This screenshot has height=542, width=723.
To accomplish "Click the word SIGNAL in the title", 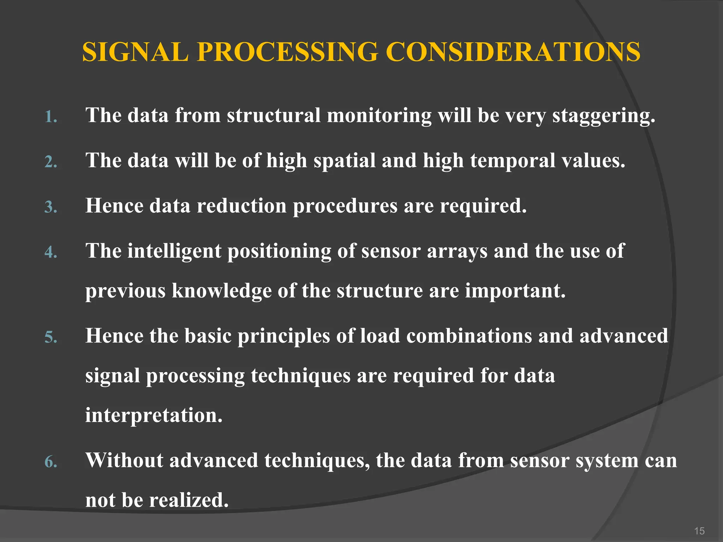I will point(135,52).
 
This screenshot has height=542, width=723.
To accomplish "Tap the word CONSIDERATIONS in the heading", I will point(513,52).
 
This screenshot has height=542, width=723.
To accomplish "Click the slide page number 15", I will point(699,531).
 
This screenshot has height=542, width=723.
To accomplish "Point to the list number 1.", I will point(50,117).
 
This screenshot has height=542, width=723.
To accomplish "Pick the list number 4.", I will point(50,252).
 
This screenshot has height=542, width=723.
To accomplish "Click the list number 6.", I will point(50,462).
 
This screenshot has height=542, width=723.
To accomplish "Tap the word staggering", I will point(603,116).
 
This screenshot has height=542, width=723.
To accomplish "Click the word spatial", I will point(345,161).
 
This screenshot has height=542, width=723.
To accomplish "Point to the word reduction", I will point(242,206).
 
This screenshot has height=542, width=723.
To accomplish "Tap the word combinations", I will point(469,336).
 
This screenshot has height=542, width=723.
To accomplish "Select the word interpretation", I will point(154,415).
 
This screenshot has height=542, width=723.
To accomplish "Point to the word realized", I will point(189,500).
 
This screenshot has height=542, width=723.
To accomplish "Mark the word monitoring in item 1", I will point(379,116).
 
